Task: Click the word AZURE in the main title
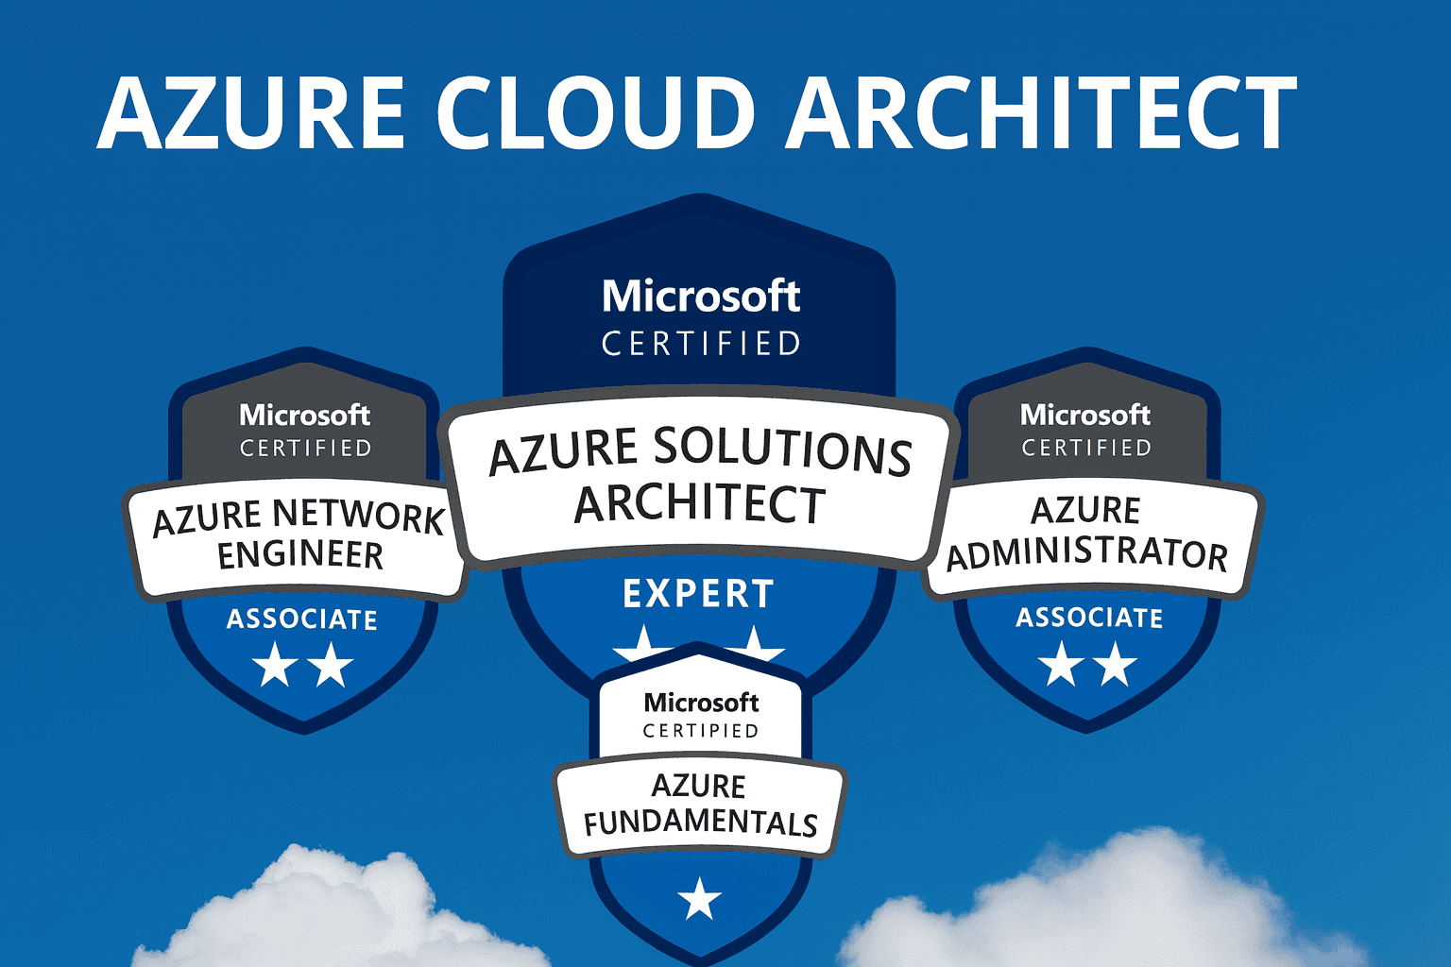click(x=251, y=112)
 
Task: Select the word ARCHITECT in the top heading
click(x=1042, y=112)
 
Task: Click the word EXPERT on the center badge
click(x=699, y=594)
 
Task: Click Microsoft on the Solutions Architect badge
click(x=701, y=297)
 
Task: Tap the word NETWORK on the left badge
click(x=358, y=516)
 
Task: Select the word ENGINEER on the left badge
click(x=300, y=555)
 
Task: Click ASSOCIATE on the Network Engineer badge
click(x=302, y=619)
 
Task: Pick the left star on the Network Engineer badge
click(x=276, y=665)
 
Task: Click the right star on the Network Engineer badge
click(x=332, y=665)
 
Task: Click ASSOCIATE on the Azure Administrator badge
click(x=1089, y=618)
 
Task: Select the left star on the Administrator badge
click(x=1061, y=664)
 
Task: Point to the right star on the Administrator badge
click(x=1116, y=664)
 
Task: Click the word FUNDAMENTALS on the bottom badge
click(x=700, y=823)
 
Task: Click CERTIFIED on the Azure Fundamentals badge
click(x=701, y=731)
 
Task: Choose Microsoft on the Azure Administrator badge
click(x=1085, y=415)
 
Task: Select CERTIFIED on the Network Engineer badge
click(x=305, y=448)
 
